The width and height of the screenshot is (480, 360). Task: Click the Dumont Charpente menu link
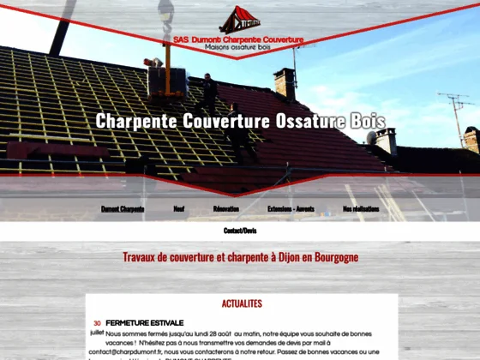click(123, 208)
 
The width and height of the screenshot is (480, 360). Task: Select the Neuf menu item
click(179, 208)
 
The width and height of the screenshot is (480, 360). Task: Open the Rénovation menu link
click(225, 208)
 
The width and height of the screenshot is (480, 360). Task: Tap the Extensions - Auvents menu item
click(291, 208)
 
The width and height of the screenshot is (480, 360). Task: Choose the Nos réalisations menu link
click(360, 208)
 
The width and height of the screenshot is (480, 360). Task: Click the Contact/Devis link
click(240, 231)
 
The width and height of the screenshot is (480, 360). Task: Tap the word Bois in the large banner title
click(368, 121)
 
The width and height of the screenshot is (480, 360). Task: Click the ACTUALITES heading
click(241, 303)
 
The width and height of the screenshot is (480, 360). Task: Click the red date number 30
click(97, 323)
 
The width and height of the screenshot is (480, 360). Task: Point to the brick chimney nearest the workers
click(285, 83)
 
